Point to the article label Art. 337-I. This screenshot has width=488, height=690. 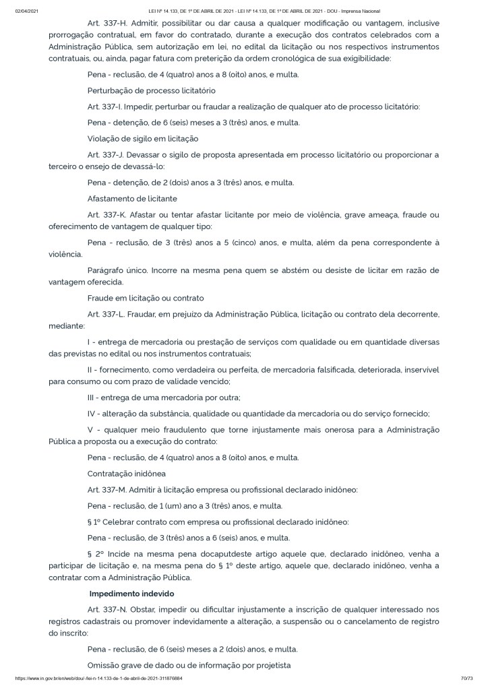pos(104,106)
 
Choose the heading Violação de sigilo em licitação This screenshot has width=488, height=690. pos(142,139)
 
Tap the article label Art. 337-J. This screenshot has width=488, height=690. pos(105,155)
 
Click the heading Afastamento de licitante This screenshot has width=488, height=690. pos(132,199)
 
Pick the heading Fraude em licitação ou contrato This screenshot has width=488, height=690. pos(146,298)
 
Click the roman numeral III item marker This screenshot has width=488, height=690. pos(92,398)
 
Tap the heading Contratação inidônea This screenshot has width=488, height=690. pos(127,474)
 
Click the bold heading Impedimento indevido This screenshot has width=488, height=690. pos(131,594)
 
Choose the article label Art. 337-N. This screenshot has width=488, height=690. pos(106,610)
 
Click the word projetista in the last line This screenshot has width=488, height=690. pos(268,665)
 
